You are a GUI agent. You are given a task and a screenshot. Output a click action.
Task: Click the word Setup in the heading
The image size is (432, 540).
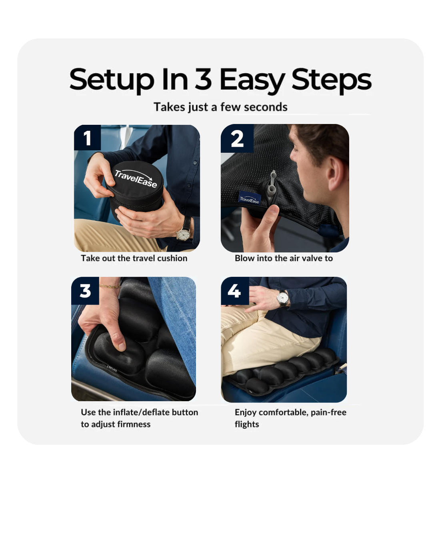(112, 80)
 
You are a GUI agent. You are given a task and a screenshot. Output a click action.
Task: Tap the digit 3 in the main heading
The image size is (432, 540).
(203, 79)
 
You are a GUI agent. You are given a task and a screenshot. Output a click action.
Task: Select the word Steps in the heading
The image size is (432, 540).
(331, 80)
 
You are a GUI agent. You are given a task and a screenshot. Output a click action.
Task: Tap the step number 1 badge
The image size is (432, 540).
(87, 138)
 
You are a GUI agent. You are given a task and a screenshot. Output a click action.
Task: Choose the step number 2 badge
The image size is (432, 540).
(237, 139)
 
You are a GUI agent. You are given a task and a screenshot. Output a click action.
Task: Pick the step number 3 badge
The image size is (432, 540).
(85, 291)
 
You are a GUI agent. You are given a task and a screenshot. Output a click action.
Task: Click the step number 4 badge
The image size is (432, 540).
(234, 291)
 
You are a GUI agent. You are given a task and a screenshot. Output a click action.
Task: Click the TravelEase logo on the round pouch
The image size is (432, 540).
(136, 178)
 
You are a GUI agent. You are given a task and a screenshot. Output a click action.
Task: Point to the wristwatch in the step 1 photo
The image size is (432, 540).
(184, 233)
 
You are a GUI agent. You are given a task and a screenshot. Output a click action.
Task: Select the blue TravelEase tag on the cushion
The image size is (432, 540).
(250, 198)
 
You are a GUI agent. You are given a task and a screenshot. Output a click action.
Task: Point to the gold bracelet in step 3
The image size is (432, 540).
(110, 286)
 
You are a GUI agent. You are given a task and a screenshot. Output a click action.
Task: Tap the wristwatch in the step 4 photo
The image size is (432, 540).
(283, 298)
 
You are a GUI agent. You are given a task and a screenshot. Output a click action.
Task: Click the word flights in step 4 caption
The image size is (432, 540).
(247, 424)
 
